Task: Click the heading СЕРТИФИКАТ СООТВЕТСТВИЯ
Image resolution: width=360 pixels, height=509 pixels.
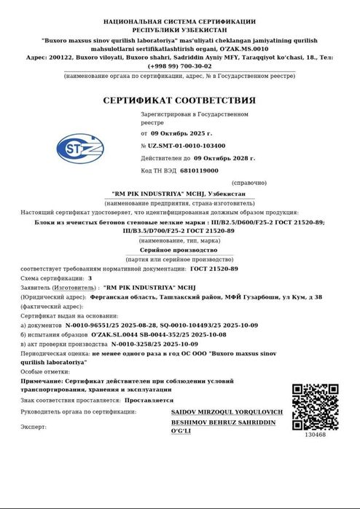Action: (x=179, y=100)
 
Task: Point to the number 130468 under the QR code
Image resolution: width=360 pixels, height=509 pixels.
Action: (x=316, y=435)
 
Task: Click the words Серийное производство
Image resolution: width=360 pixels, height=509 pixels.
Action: (x=179, y=249)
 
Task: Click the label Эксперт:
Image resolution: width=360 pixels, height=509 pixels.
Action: (x=34, y=426)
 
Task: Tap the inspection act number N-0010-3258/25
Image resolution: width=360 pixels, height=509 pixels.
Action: (x=138, y=342)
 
